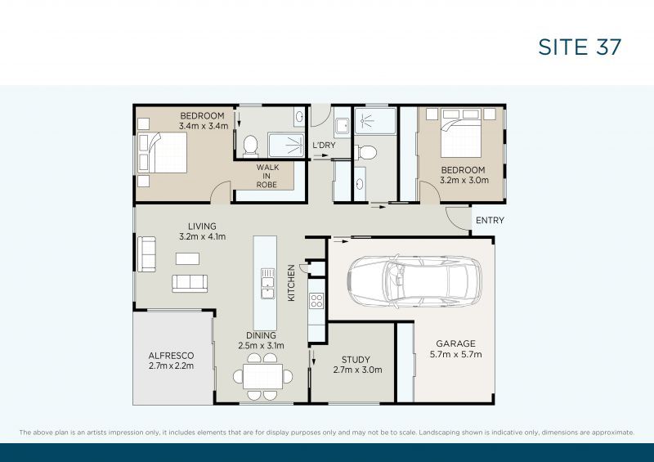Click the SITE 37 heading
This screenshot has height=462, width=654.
[x=580, y=47]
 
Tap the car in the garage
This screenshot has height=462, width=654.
[x=414, y=280]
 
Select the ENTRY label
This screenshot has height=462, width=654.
[x=490, y=220]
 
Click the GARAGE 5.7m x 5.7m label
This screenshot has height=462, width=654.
[x=455, y=349]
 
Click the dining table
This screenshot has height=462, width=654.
[x=262, y=376]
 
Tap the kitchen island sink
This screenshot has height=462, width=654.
[x=267, y=284]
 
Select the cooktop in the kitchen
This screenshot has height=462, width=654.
[x=316, y=300]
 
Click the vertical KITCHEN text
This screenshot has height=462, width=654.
[x=291, y=283]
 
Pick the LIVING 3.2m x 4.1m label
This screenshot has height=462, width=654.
[x=202, y=231]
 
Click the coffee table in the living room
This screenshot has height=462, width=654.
[x=187, y=258]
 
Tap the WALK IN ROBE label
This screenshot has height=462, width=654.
[x=267, y=176]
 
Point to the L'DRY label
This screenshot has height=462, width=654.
[x=324, y=146]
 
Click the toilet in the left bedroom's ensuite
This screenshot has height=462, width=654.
[x=250, y=146]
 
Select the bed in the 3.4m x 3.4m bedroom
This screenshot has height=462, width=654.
[x=162, y=153]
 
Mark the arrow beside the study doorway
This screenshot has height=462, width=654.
[x=313, y=357]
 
